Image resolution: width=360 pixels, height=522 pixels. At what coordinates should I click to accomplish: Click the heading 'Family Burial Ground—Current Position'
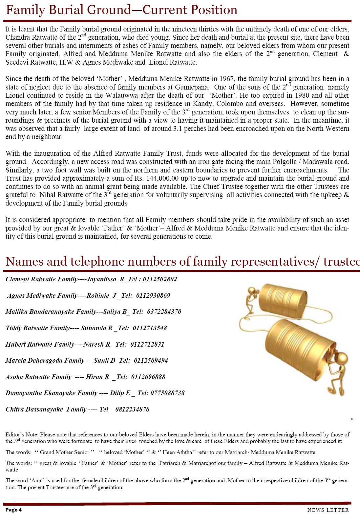pos(121,10)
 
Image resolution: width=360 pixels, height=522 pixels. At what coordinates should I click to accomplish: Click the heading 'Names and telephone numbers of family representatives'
pos(182,262)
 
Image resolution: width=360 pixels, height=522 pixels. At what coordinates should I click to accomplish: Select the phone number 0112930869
pos(153,296)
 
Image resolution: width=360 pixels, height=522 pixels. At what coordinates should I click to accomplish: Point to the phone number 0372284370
pos(164,312)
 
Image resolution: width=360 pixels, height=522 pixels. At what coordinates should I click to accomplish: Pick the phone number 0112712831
pos(147,345)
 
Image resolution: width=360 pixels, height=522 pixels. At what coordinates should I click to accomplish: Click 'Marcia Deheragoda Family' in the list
pos(45,361)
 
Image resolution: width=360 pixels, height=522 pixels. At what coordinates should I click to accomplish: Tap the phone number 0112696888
pos(148,377)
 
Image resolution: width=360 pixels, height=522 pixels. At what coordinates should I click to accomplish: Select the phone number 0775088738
pos(167,393)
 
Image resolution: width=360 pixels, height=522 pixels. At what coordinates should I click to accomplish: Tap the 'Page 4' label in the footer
pos(13,510)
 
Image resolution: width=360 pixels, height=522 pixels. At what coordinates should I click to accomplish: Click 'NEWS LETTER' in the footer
pos(328,510)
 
